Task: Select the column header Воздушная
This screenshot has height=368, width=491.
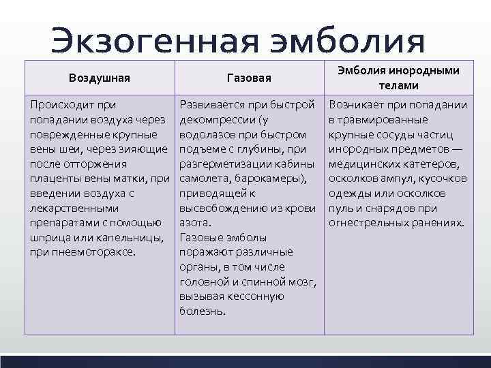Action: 100,78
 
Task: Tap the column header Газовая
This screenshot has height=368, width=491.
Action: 249,78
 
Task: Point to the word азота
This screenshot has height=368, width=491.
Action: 194,223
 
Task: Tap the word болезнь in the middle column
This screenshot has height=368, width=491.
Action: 201,311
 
